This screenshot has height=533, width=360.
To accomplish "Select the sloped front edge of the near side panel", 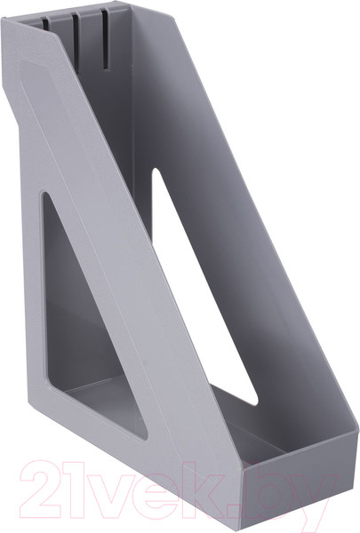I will [116, 266].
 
